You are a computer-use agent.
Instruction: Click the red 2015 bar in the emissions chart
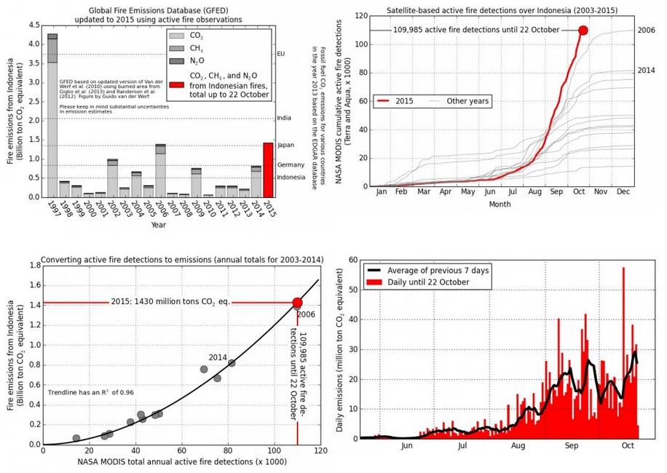click(268, 170)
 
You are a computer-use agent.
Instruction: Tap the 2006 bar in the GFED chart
click(160, 172)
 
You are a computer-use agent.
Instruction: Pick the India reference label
click(285, 118)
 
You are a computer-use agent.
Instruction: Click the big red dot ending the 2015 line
click(583, 31)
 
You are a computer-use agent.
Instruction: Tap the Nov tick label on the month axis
click(601, 194)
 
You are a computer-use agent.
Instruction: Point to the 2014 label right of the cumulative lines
click(645, 71)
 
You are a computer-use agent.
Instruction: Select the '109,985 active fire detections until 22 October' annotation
click(476, 30)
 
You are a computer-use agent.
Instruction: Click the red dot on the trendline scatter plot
click(297, 303)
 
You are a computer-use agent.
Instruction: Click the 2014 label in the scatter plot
click(218, 357)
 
